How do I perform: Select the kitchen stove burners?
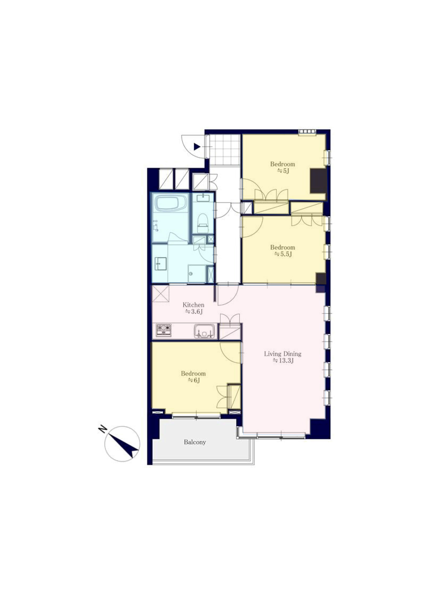163,330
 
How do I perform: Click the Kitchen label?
193,305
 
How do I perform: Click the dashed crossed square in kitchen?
161,294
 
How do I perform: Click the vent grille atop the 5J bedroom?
307,132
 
